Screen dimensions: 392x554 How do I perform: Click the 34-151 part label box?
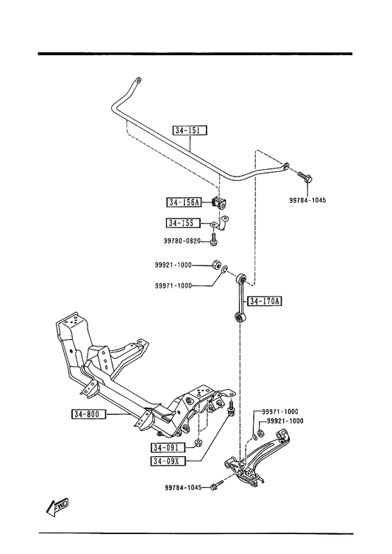pos(190,130)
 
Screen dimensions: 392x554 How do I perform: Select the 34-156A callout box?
pos(184,202)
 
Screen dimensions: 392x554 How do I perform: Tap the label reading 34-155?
pos(183,223)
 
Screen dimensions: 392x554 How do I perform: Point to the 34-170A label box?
pos(265,301)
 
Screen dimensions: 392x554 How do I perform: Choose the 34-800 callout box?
pos(89,413)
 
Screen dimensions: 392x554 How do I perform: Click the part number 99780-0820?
pos(182,241)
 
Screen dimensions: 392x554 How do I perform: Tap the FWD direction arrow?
pos(57,508)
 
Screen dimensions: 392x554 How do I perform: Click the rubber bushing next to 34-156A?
pos(219,203)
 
